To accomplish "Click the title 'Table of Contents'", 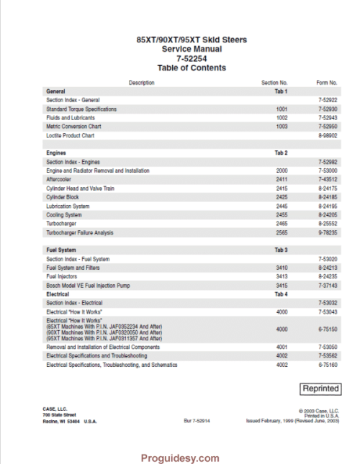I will point(192,68).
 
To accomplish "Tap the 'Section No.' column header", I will point(274,83).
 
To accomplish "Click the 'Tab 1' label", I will point(281,92).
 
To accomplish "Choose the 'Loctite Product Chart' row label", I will point(73,135).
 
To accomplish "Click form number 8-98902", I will point(328,135).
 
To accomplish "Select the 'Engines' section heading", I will point(56,153).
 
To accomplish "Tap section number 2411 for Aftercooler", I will point(281,179).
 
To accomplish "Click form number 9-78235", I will point(328,232).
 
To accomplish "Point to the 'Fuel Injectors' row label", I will point(62,276).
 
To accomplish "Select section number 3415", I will point(281,286).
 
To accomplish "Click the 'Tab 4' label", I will point(281,294).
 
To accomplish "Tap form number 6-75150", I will point(328,329).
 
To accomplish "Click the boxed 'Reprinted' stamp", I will point(320,388).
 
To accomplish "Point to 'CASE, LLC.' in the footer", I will point(57,409).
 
